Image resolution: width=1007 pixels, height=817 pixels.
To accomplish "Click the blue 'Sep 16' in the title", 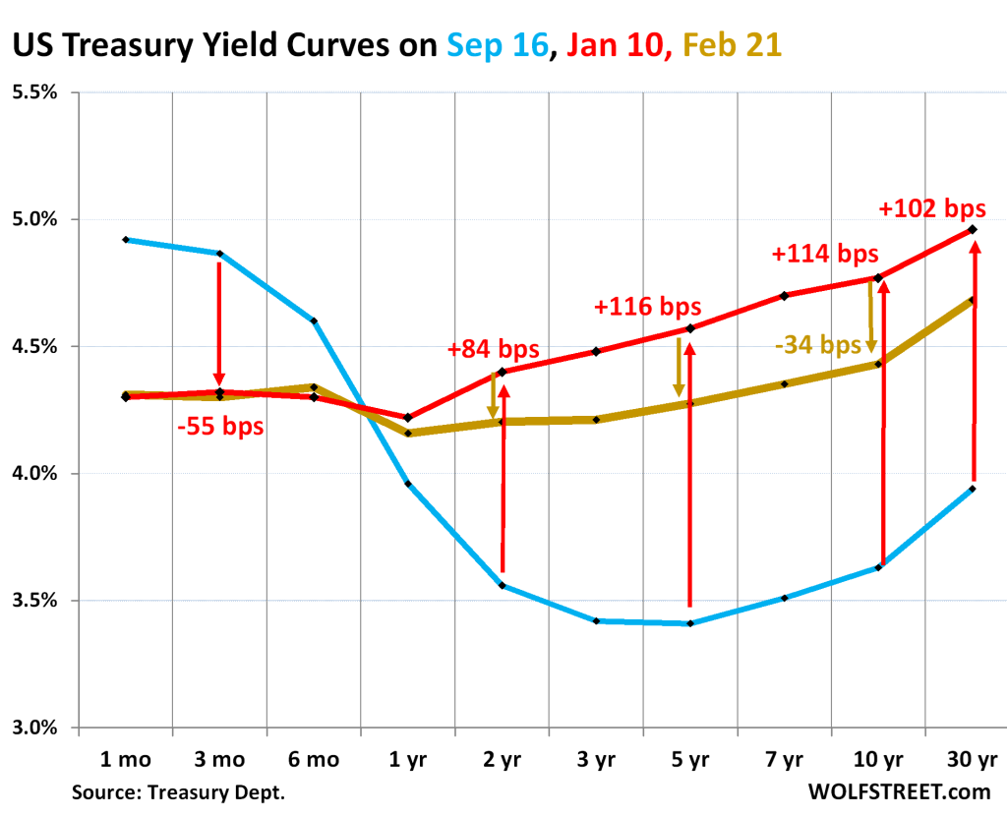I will click(498, 44).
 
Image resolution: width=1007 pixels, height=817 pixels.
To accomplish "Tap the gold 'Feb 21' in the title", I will click(733, 44).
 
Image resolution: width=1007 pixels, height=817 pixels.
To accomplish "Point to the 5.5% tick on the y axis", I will click(35, 92).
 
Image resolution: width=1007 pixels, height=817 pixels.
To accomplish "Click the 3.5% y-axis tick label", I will click(35, 601).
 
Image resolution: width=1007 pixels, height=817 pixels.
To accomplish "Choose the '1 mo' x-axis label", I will click(125, 760).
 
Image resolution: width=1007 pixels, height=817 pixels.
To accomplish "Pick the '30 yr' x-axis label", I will click(973, 760).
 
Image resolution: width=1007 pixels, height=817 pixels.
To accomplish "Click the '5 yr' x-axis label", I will click(689, 760).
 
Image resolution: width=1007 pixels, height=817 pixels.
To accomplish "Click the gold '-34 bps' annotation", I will click(817, 345).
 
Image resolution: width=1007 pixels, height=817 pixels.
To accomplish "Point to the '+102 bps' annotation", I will click(931, 208).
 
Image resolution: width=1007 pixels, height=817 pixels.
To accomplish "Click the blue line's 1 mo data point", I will click(126, 239).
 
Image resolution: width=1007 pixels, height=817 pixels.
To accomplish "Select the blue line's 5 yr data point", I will click(690, 623).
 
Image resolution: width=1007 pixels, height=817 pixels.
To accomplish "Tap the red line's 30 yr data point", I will click(973, 229).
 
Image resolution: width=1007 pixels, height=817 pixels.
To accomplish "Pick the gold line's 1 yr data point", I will click(408, 433).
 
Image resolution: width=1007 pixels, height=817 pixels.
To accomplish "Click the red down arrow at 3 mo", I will click(219, 324).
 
